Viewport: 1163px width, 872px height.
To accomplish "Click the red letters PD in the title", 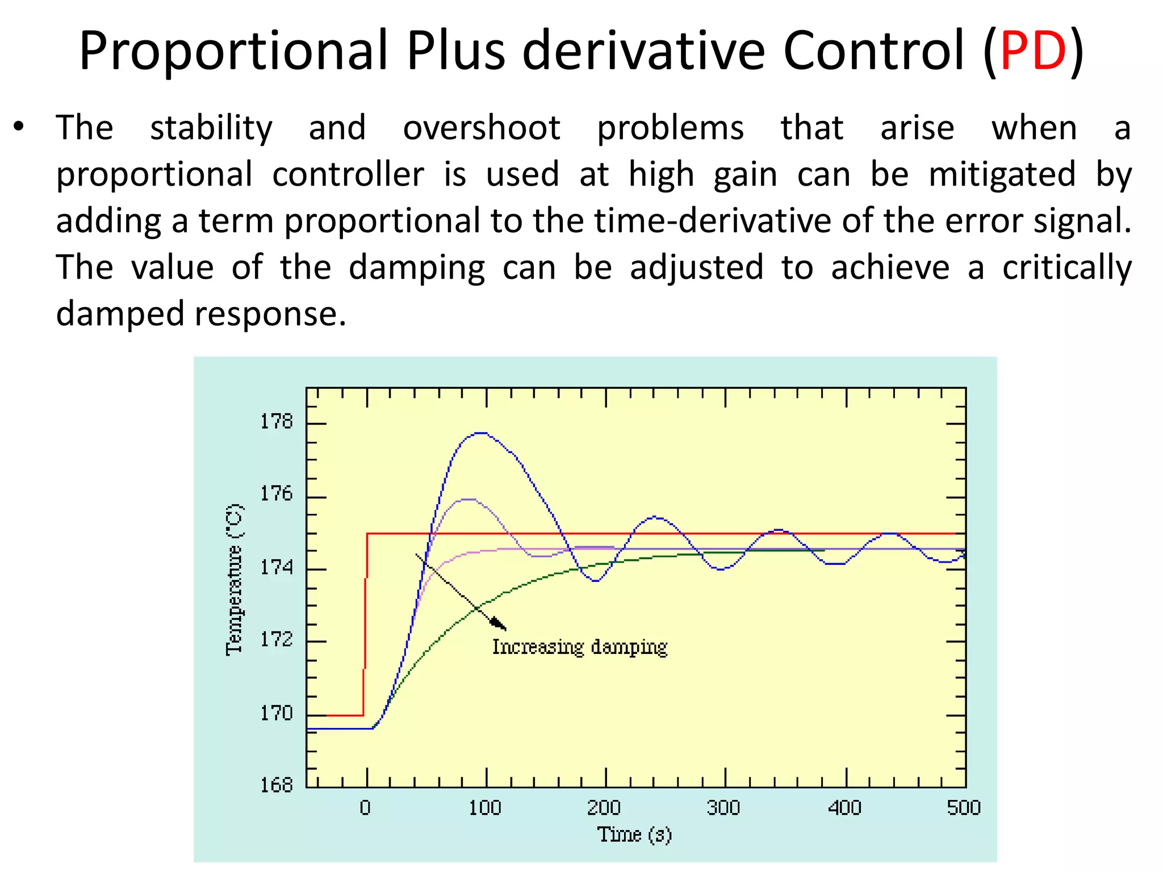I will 1033,51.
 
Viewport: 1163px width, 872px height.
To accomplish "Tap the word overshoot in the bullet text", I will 482,128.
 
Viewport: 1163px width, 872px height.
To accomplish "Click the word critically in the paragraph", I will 1066,267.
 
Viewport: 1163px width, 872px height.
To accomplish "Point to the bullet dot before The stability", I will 19,127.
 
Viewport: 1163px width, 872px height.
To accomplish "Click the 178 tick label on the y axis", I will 277,422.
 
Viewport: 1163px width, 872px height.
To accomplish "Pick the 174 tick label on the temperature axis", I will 277,567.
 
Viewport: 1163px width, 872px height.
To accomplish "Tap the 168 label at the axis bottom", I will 277,785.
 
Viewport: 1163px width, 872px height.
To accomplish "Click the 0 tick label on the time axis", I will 366,807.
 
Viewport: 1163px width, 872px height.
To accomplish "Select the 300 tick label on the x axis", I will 723,807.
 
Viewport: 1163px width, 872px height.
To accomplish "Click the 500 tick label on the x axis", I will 964,807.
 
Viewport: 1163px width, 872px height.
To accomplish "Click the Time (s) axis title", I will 634,835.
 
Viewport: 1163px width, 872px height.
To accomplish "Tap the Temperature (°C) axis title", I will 235,580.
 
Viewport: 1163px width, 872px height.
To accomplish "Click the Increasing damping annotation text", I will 579,647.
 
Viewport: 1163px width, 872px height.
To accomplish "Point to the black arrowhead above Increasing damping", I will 499,624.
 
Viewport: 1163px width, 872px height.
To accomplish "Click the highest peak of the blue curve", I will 481,433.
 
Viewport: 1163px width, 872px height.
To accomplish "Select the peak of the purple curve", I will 468,499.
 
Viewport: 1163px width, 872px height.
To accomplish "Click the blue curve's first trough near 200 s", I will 595,581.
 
